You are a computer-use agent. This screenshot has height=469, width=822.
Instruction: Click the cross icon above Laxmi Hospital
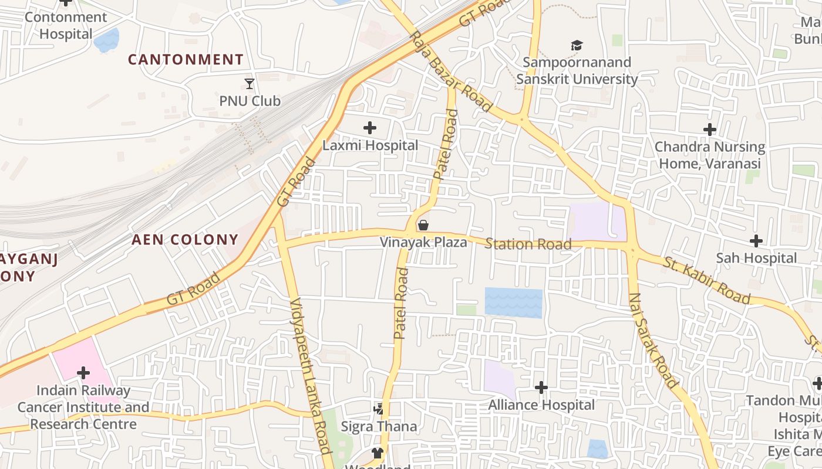click(x=369, y=128)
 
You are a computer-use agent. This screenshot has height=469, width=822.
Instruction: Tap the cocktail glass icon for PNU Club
click(x=250, y=84)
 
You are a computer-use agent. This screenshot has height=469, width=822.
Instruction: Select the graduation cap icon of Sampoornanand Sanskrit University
click(x=577, y=45)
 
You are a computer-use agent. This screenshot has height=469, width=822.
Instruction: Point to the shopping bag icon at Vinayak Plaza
click(x=423, y=225)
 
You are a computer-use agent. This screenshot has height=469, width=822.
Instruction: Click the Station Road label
click(x=527, y=244)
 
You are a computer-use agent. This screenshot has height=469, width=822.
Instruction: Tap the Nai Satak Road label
click(x=652, y=340)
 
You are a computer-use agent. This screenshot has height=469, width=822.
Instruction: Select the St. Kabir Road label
click(x=707, y=280)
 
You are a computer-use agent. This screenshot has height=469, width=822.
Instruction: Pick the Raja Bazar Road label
click(x=450, y=71)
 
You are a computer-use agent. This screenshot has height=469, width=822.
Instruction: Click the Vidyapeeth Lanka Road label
click(x=311, y=375)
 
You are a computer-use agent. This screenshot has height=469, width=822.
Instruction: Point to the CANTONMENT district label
click(x=186, y=60)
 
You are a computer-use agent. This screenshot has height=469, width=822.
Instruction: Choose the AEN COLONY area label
click(x=185, y=240)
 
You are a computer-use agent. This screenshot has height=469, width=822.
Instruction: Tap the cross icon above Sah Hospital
click(x=756, y=241)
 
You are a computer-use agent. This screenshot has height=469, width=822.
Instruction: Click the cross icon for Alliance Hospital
click(x=541, y=388)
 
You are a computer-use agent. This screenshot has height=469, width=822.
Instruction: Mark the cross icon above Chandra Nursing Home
click(x=710, y=130)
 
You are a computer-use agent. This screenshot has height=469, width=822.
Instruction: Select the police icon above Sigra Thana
click(x=379, y=409)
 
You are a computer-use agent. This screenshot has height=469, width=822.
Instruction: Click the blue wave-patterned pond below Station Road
click(x=513, y=303)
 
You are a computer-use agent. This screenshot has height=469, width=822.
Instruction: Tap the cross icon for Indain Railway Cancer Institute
click(x=83, y=373)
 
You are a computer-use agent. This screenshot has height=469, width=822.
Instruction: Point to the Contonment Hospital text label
click(x=66, y=25)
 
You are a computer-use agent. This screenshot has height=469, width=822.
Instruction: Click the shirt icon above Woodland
click(x=377, y=453)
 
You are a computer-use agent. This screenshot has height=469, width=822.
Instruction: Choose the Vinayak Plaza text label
click(x=423, y=242)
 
